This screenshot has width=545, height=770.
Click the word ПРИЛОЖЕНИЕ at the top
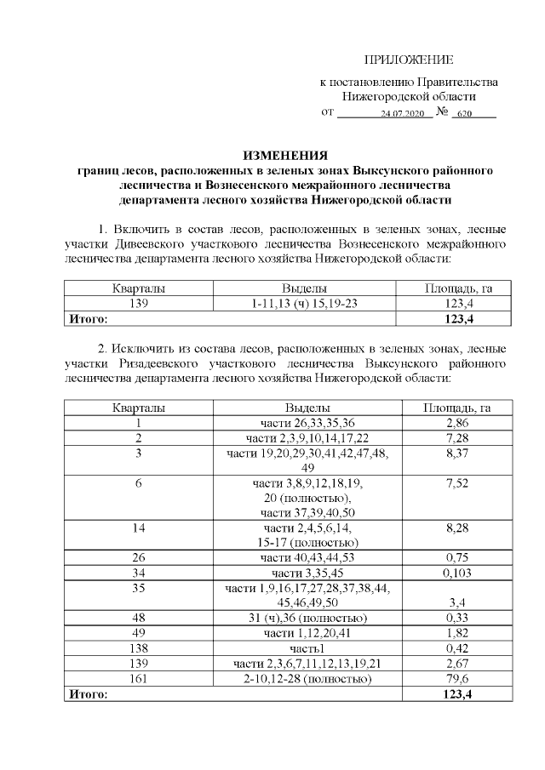click(409, 60)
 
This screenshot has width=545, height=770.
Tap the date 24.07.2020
click(402, 113)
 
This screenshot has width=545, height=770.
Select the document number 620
click(464, 113)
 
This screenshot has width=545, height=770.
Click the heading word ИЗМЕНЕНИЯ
click(285, 156)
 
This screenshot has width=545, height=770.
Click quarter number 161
click(137, 679)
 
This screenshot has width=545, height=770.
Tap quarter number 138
click(137, 648)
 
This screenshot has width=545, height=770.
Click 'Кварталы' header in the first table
click(137, 288)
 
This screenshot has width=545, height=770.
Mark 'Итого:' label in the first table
click(88, 319)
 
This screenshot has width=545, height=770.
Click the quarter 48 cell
click(137, 618)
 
